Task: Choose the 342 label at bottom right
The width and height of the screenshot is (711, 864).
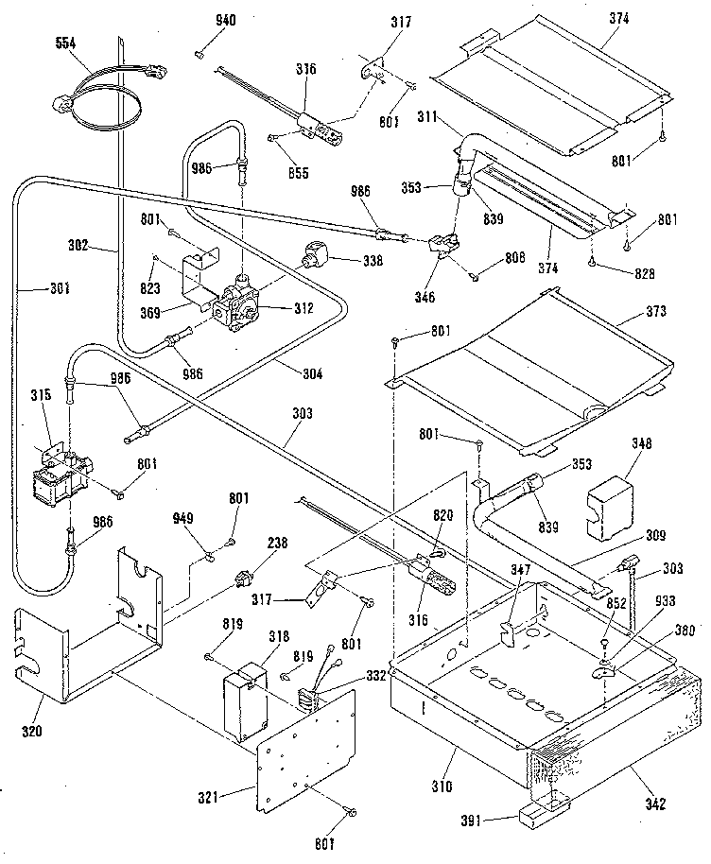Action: point(653,804)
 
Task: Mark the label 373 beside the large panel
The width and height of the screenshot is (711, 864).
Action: point(655,311)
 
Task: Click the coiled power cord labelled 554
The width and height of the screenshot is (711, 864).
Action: point(98,95)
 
